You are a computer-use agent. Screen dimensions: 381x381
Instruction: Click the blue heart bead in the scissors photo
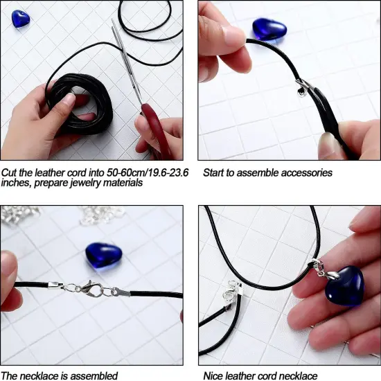pos(20,19)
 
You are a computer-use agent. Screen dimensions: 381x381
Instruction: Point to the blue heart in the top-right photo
pos(268,28)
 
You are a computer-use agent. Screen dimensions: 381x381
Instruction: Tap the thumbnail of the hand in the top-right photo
pos(233,35)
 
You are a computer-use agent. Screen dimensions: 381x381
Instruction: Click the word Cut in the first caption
pos(10,172)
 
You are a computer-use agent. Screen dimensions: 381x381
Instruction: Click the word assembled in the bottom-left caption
pos(94,375)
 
